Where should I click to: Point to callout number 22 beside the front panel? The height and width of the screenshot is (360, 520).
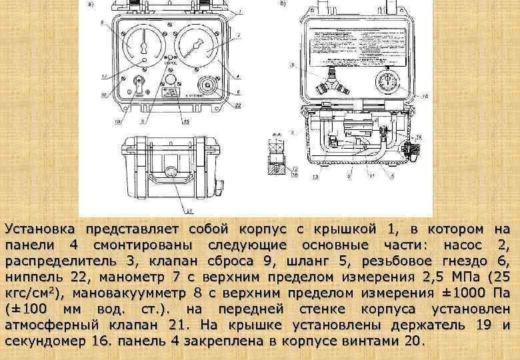(x=239, y=105)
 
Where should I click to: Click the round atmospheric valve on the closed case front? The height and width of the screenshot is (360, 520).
(x=171, y=172)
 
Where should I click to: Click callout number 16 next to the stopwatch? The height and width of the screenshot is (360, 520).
(x=425, y=96)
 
